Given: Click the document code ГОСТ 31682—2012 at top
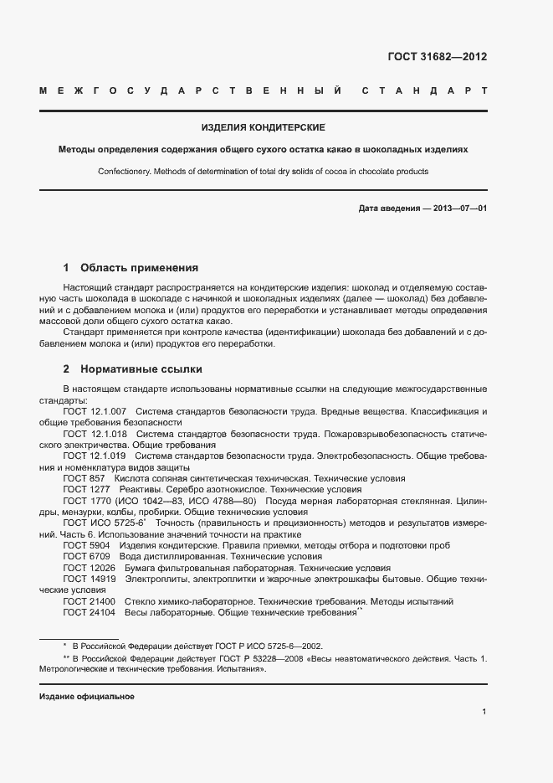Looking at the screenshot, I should coord(437,57).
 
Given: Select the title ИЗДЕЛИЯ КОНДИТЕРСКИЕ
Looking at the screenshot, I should coord(263,128).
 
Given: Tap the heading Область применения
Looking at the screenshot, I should coord(139,268).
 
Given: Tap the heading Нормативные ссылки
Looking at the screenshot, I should coord(141,368).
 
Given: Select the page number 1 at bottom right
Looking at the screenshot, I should coord(484,712).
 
